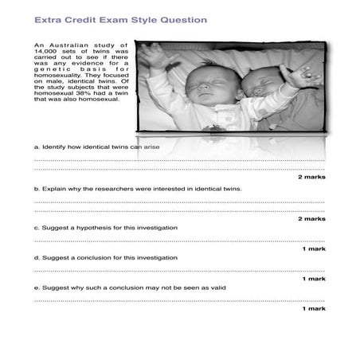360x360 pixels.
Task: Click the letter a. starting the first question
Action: pos(37,147)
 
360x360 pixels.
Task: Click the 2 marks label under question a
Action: pos(311,176)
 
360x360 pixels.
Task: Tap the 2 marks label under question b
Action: pos(311,218)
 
